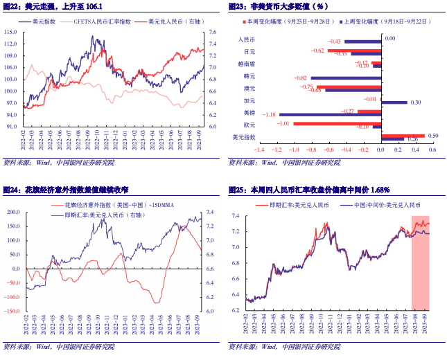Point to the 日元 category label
[x=249, y=51]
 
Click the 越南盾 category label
[x=246, y=64]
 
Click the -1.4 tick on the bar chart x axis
[x=258, y=149]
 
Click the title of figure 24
[x=67, y=190]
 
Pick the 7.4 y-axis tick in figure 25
[x=236, y=216]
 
